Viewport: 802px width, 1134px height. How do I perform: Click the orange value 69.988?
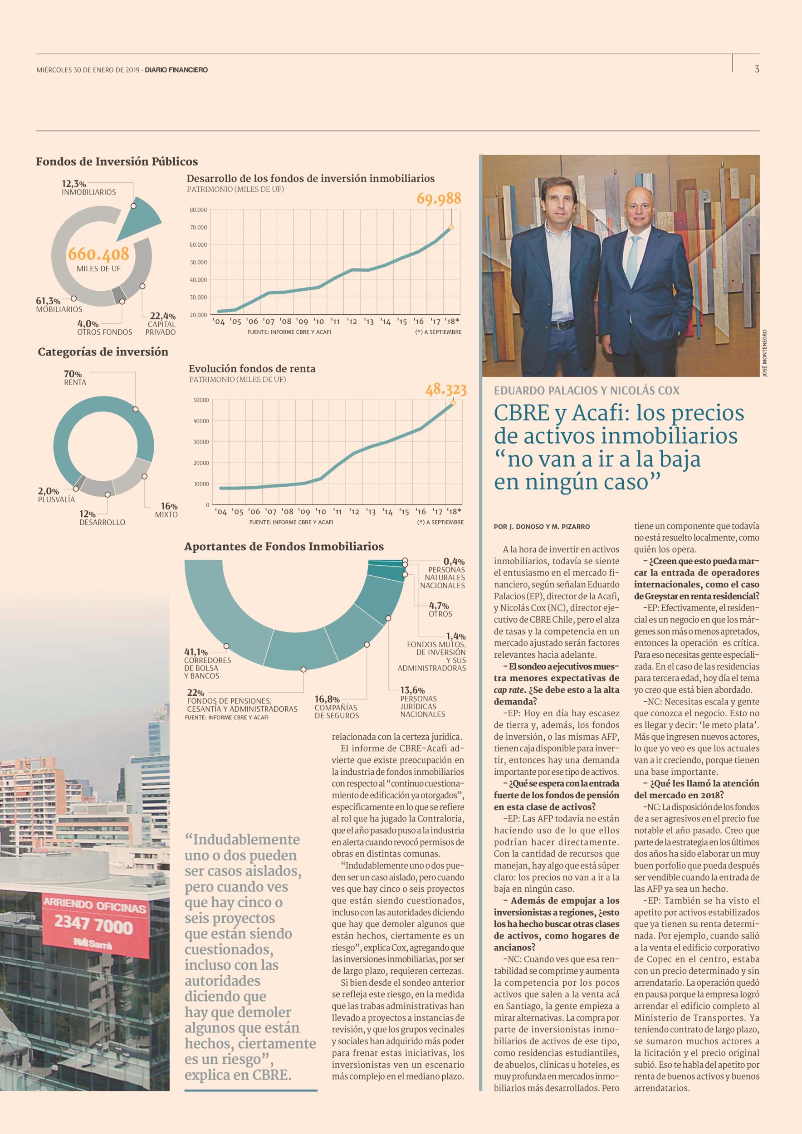tap(439, 199)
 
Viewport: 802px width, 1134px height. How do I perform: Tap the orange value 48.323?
tap(446, 390)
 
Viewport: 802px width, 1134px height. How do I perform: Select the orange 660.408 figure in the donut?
tap(98, 254)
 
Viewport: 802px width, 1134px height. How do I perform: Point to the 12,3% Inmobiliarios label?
tap(89, 188)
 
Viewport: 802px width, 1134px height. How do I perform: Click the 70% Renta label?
tap(74, 378)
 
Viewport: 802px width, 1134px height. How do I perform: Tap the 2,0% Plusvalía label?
tap(56, 495)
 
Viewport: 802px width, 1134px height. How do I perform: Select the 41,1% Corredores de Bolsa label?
tap(207, 663)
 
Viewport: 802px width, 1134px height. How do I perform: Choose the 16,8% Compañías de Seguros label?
tap(336, 707)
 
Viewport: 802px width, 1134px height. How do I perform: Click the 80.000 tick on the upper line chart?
tap(199, 210)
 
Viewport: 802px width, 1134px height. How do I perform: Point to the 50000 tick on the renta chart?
tap(200, 400)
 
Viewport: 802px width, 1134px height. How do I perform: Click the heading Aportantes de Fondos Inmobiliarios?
tap(284, 546)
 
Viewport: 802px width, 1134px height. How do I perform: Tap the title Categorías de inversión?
tap(103, 352)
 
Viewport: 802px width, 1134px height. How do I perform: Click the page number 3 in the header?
tap(757, 69)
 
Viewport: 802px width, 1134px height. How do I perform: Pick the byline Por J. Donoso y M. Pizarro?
tap(542, 527)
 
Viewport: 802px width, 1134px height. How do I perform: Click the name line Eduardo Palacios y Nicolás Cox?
tap(587, 390)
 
